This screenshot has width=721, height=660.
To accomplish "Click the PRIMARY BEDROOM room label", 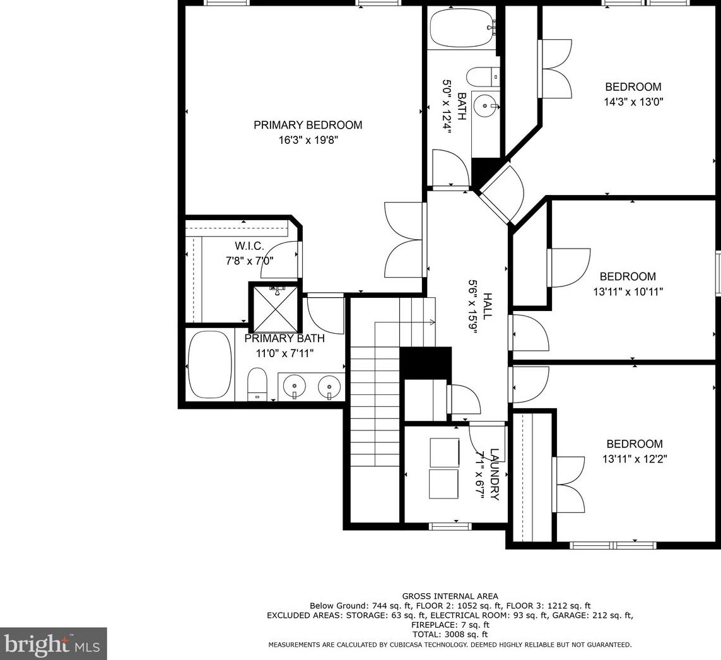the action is coord(308,125).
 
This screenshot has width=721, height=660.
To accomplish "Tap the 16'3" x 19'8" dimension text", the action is coord(308,140).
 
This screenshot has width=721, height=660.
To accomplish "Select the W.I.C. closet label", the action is coord(249,246).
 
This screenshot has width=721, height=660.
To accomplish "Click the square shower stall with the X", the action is coord(273,307).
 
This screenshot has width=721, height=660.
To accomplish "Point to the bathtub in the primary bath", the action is coord(209,365).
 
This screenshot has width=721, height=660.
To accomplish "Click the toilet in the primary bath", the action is coord(257,384).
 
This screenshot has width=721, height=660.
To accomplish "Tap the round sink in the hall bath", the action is coord(486,105).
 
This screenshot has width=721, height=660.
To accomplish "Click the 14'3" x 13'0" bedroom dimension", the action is coord(633,102).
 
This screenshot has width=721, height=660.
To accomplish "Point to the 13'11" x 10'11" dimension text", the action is coord(628,291).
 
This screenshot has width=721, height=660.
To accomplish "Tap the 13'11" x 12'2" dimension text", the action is coord(634,459).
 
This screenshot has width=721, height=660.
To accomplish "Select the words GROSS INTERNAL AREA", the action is coord(450,596).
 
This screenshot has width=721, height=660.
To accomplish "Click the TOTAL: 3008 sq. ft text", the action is coord(450,634).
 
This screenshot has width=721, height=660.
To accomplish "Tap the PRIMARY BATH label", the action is coord(284,338).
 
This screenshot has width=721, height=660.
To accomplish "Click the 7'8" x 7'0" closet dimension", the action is coord(249,261).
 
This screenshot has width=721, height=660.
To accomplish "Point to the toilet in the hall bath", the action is coord(483,77).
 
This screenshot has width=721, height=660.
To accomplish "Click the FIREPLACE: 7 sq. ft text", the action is coord(450,625).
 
